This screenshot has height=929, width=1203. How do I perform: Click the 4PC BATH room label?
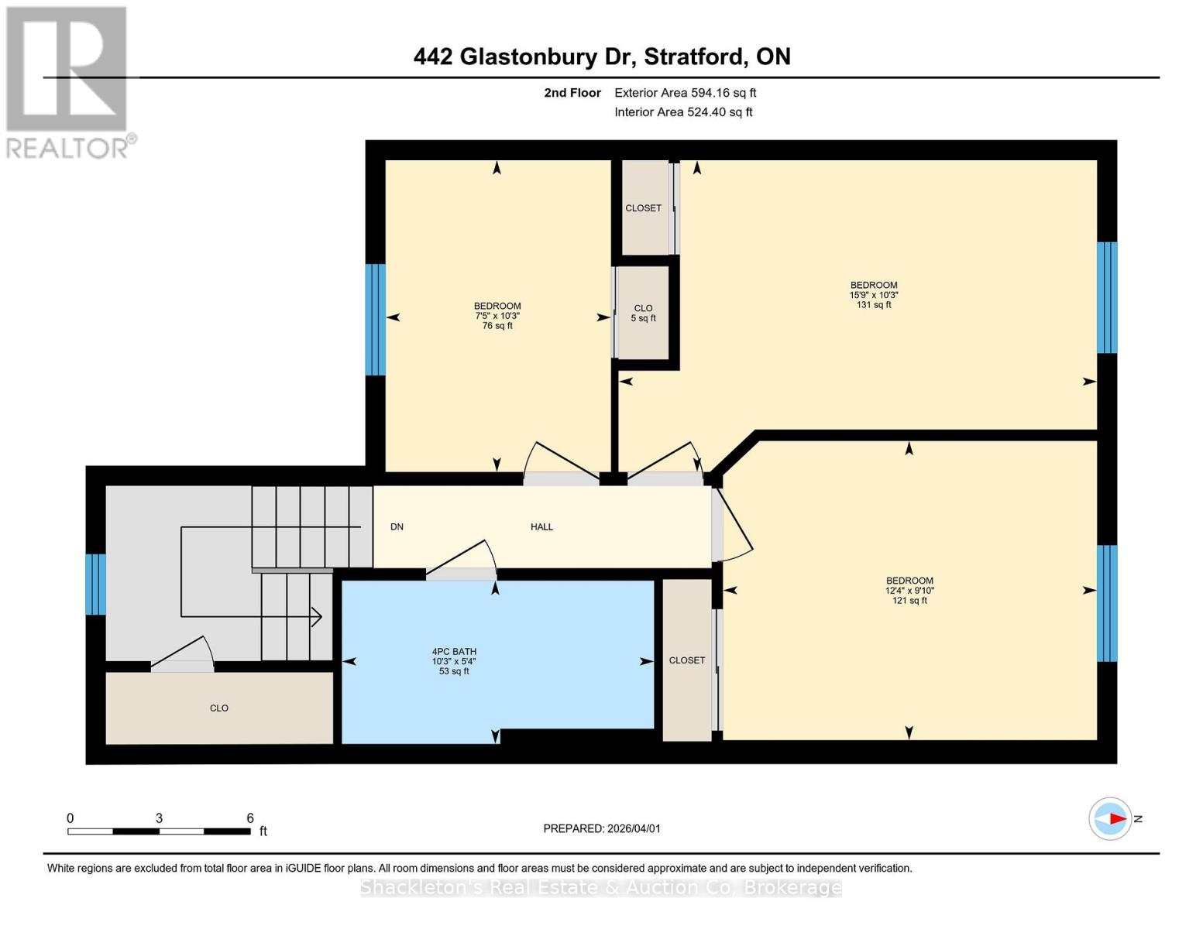454,652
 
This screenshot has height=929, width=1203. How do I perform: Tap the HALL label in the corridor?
541,527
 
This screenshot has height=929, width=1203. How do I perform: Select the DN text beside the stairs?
397,527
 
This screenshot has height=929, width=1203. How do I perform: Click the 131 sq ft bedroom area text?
874,305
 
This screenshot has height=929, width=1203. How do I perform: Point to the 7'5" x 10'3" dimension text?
497,316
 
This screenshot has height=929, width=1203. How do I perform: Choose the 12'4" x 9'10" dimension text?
909,591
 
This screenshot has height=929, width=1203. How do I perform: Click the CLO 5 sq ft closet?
643,313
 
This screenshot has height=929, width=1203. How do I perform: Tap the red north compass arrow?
1115,818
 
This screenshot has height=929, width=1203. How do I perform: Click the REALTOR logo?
68,82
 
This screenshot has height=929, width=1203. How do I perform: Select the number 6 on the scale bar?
250,818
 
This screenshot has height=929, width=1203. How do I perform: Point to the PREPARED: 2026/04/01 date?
602,828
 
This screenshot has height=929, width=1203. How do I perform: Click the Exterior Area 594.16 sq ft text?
685,93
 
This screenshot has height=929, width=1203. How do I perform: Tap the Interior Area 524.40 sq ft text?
683,112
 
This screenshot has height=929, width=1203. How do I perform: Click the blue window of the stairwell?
95,584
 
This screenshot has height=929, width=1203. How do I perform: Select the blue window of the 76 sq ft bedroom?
376,319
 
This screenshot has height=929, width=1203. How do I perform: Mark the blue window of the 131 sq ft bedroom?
1107,297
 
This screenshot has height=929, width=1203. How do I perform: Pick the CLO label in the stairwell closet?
219,708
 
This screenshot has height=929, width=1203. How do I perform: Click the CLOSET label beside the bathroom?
687,660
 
